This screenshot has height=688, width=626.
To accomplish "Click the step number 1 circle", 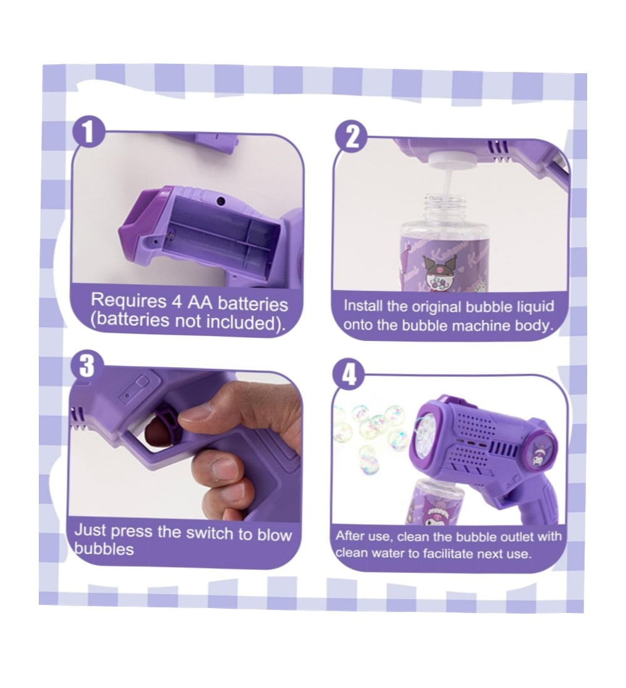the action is [89, 132].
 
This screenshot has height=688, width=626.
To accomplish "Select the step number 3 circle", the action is [86, 365].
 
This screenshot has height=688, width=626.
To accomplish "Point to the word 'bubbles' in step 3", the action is [104, 549].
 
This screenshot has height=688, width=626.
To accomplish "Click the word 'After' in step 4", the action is [352, 536].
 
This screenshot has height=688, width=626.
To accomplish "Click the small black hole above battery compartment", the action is [220, 201].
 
